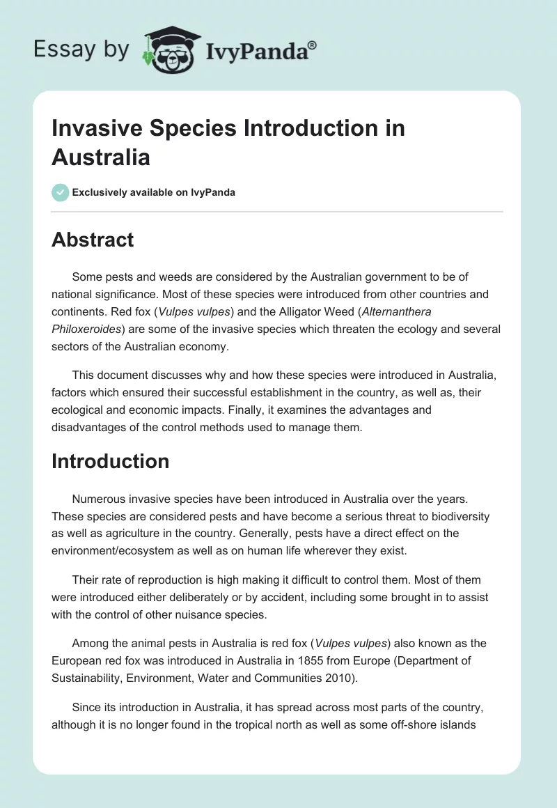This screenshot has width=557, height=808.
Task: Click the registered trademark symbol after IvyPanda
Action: click(313, 45)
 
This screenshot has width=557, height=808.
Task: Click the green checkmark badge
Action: click(61, 192)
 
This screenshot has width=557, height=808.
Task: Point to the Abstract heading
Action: click(93, 240)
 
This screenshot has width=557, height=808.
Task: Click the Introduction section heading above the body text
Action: click(110, 461)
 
